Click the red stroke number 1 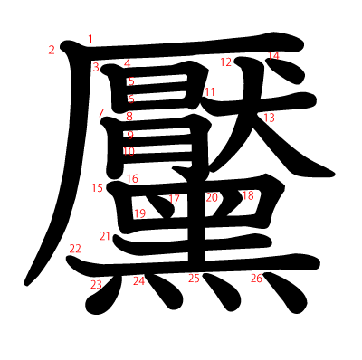coord(90,39)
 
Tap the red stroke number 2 coord(52,50)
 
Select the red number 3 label coord(96,67)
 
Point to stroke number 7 coord(102,113)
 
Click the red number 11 coord(209,92)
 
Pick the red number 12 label coord(226,62)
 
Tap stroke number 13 coord(269,118)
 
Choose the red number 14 coord(273,56)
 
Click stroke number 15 coord(98,188)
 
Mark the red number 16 coord(132,179)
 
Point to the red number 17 coord(175,198)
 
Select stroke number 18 coord(247,196)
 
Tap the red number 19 coord(139,214)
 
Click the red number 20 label coord(212,197)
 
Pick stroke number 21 coord(105,236)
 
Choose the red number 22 coord(75,249)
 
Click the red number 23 coord(96,285)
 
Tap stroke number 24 coord(138,281)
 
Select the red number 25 coord(194,279)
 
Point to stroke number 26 coord(256,279)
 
